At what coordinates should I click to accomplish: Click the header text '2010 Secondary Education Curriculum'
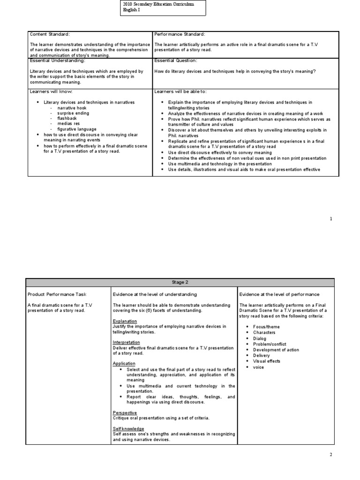[157, 4]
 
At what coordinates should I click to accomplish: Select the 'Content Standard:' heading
[49, 34]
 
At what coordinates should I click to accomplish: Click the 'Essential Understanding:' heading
[57, 60]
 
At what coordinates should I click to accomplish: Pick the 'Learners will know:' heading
[51, 91]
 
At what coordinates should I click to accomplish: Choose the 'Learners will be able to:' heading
[180, 91]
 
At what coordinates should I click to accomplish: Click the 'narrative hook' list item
[72, 108]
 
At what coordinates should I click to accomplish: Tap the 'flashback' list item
[67, 119]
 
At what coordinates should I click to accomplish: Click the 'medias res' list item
[68, 124]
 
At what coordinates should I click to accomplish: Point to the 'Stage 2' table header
[180, 282]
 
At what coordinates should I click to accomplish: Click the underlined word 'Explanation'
[125, 321]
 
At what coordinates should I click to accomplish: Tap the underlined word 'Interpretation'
[126, 342]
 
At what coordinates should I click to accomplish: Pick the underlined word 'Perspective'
[125, 412]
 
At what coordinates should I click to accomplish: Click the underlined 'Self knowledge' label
[128, 428]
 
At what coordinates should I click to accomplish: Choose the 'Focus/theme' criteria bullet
[266, 326]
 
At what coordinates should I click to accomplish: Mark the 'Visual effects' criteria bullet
[267, 361]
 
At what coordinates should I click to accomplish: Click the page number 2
[330, 455]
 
